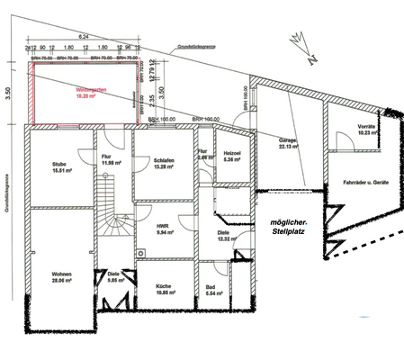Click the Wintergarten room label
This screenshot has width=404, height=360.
(x=87, y=91)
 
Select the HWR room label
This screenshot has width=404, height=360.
(x=165, y=227)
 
